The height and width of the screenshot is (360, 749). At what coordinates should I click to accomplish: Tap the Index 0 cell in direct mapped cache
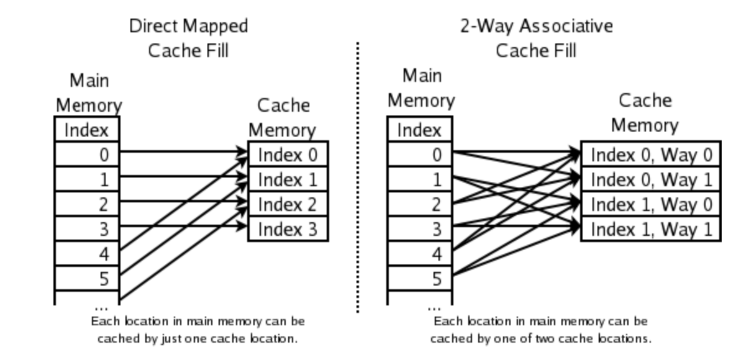coord(287,155)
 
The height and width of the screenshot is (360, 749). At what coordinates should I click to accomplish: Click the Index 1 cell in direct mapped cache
coord(287,179)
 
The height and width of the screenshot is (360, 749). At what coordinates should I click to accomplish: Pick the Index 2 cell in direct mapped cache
coord(287,204)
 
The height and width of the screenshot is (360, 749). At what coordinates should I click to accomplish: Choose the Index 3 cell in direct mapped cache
coord(287,229)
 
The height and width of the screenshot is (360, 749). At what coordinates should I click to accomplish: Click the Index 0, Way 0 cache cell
coord(650,155)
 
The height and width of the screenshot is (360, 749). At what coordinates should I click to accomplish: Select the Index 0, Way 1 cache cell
coord(650,179)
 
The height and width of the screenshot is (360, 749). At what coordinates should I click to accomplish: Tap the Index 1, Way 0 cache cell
coord(650,204)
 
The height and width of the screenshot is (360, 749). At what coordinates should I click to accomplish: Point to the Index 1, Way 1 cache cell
coord(650,229)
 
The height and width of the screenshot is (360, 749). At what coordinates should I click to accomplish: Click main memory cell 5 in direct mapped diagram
coord(87,279)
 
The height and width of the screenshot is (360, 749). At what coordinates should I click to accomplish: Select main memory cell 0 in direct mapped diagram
coord(87,155)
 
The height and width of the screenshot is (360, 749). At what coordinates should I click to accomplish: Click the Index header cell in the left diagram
coord(87,130)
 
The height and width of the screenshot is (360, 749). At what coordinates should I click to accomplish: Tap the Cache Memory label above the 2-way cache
coord(645,112)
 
